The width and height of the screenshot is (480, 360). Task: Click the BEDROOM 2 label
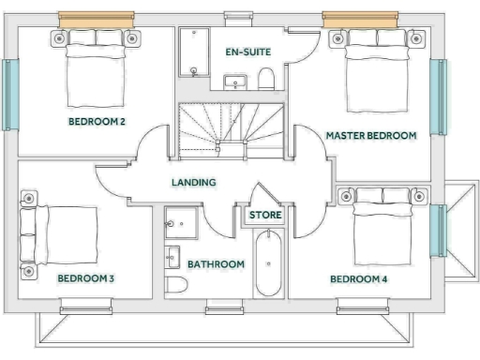coord(97,122)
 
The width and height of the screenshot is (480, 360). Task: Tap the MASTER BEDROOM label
coord(370,136)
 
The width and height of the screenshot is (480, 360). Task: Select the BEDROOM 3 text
coord(85,278)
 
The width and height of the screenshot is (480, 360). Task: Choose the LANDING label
coord(194,182)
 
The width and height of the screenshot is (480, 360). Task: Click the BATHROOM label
coord(216,264)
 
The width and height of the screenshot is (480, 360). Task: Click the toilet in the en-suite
coord(267,77)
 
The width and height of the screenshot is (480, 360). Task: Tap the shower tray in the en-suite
coord(192,54)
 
